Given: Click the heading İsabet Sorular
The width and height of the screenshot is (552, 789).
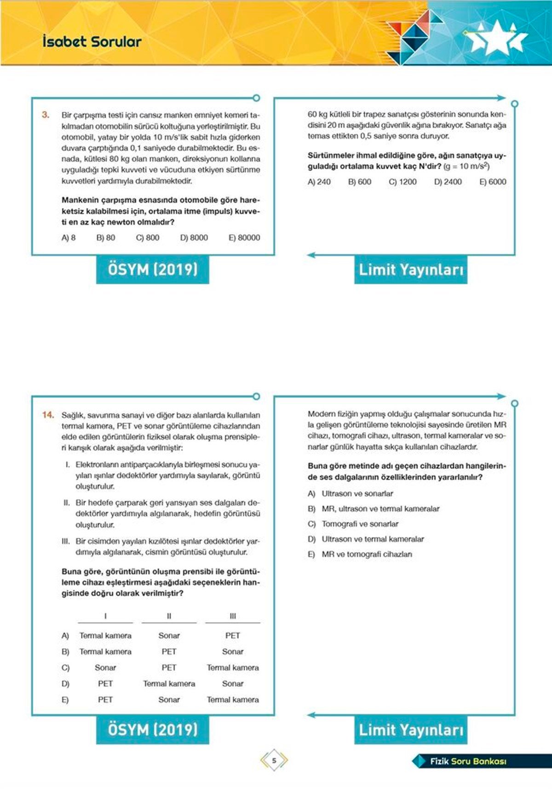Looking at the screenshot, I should click(x=92, y=42).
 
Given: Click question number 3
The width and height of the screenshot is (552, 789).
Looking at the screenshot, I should click(x=46, y=115).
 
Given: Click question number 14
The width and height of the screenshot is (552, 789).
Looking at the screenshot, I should click(x=48, y=415).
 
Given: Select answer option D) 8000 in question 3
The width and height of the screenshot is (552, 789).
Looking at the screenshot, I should click(x=194, y=238).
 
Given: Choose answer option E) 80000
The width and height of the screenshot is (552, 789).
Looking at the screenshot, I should click(x=244, y=238).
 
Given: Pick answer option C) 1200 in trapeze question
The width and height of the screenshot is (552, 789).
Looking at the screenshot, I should click(x=402, y=182).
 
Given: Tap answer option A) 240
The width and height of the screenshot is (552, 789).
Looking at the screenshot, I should click(x=319, y=182).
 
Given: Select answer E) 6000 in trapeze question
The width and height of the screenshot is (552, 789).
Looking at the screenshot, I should click(x=493, y=182).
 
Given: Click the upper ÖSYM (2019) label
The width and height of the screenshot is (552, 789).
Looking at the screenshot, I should click(x=152, y=269).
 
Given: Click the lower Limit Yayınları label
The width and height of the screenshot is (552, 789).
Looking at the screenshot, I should click(x=411, y=730).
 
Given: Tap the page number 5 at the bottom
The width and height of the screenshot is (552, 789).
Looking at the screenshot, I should click(x=274, y=760).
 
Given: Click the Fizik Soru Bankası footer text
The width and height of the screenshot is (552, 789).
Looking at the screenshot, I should click(x=468, y=761).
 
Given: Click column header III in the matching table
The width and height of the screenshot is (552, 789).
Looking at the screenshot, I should click(x=232, y=616).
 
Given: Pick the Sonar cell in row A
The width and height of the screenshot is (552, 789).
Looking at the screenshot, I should click(x=169, y=635).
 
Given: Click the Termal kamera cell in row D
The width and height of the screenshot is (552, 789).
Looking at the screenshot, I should click(x=169, y=684).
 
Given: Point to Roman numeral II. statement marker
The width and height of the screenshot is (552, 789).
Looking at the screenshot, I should click(x=67, y=503).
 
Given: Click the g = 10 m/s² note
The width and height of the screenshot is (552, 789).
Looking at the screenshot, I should click(x=466, y=166).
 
